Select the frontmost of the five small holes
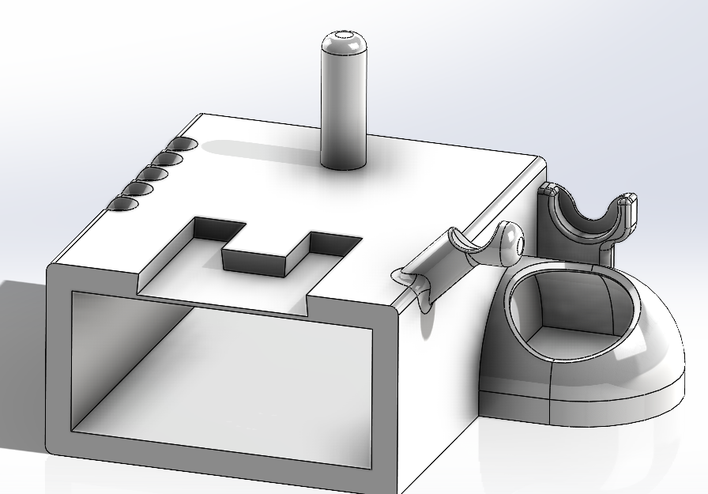[122, 205]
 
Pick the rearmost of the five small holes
[183, 145]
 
